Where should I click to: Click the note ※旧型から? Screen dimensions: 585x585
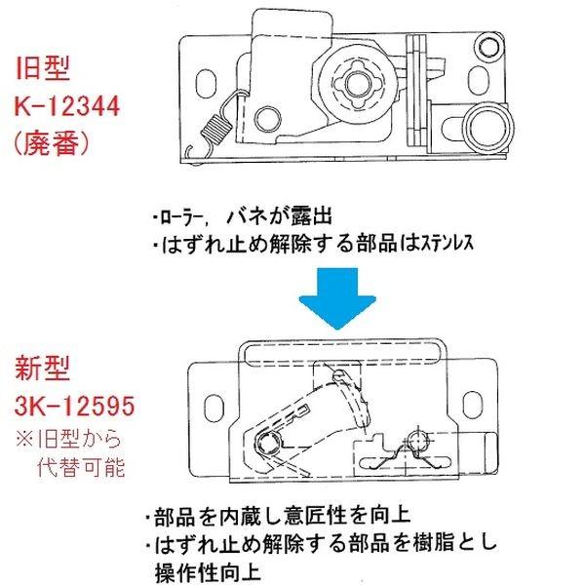coord(74,435)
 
